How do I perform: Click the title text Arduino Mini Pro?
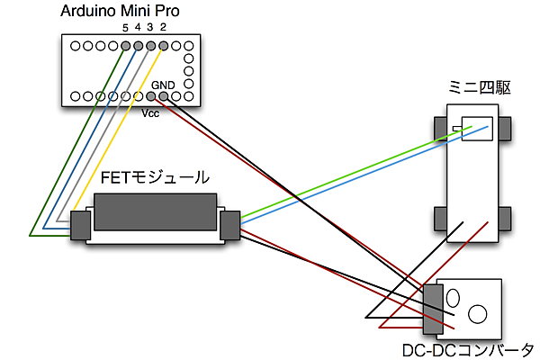click(x=120, y=12)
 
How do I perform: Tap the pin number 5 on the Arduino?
click(x=125, y=28)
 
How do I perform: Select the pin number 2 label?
click(x=163, y=28)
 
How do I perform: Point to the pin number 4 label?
click(x=138, y=28)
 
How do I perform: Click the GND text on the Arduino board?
click(x=163, y=85)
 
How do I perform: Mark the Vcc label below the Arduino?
click(x=151, y=113)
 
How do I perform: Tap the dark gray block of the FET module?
click(x=155, y=212)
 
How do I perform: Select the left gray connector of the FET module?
click(x=81, y=225)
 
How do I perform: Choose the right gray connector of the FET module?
click(x=229, y=225)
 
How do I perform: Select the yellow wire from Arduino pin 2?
click(x=117, y=135)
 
